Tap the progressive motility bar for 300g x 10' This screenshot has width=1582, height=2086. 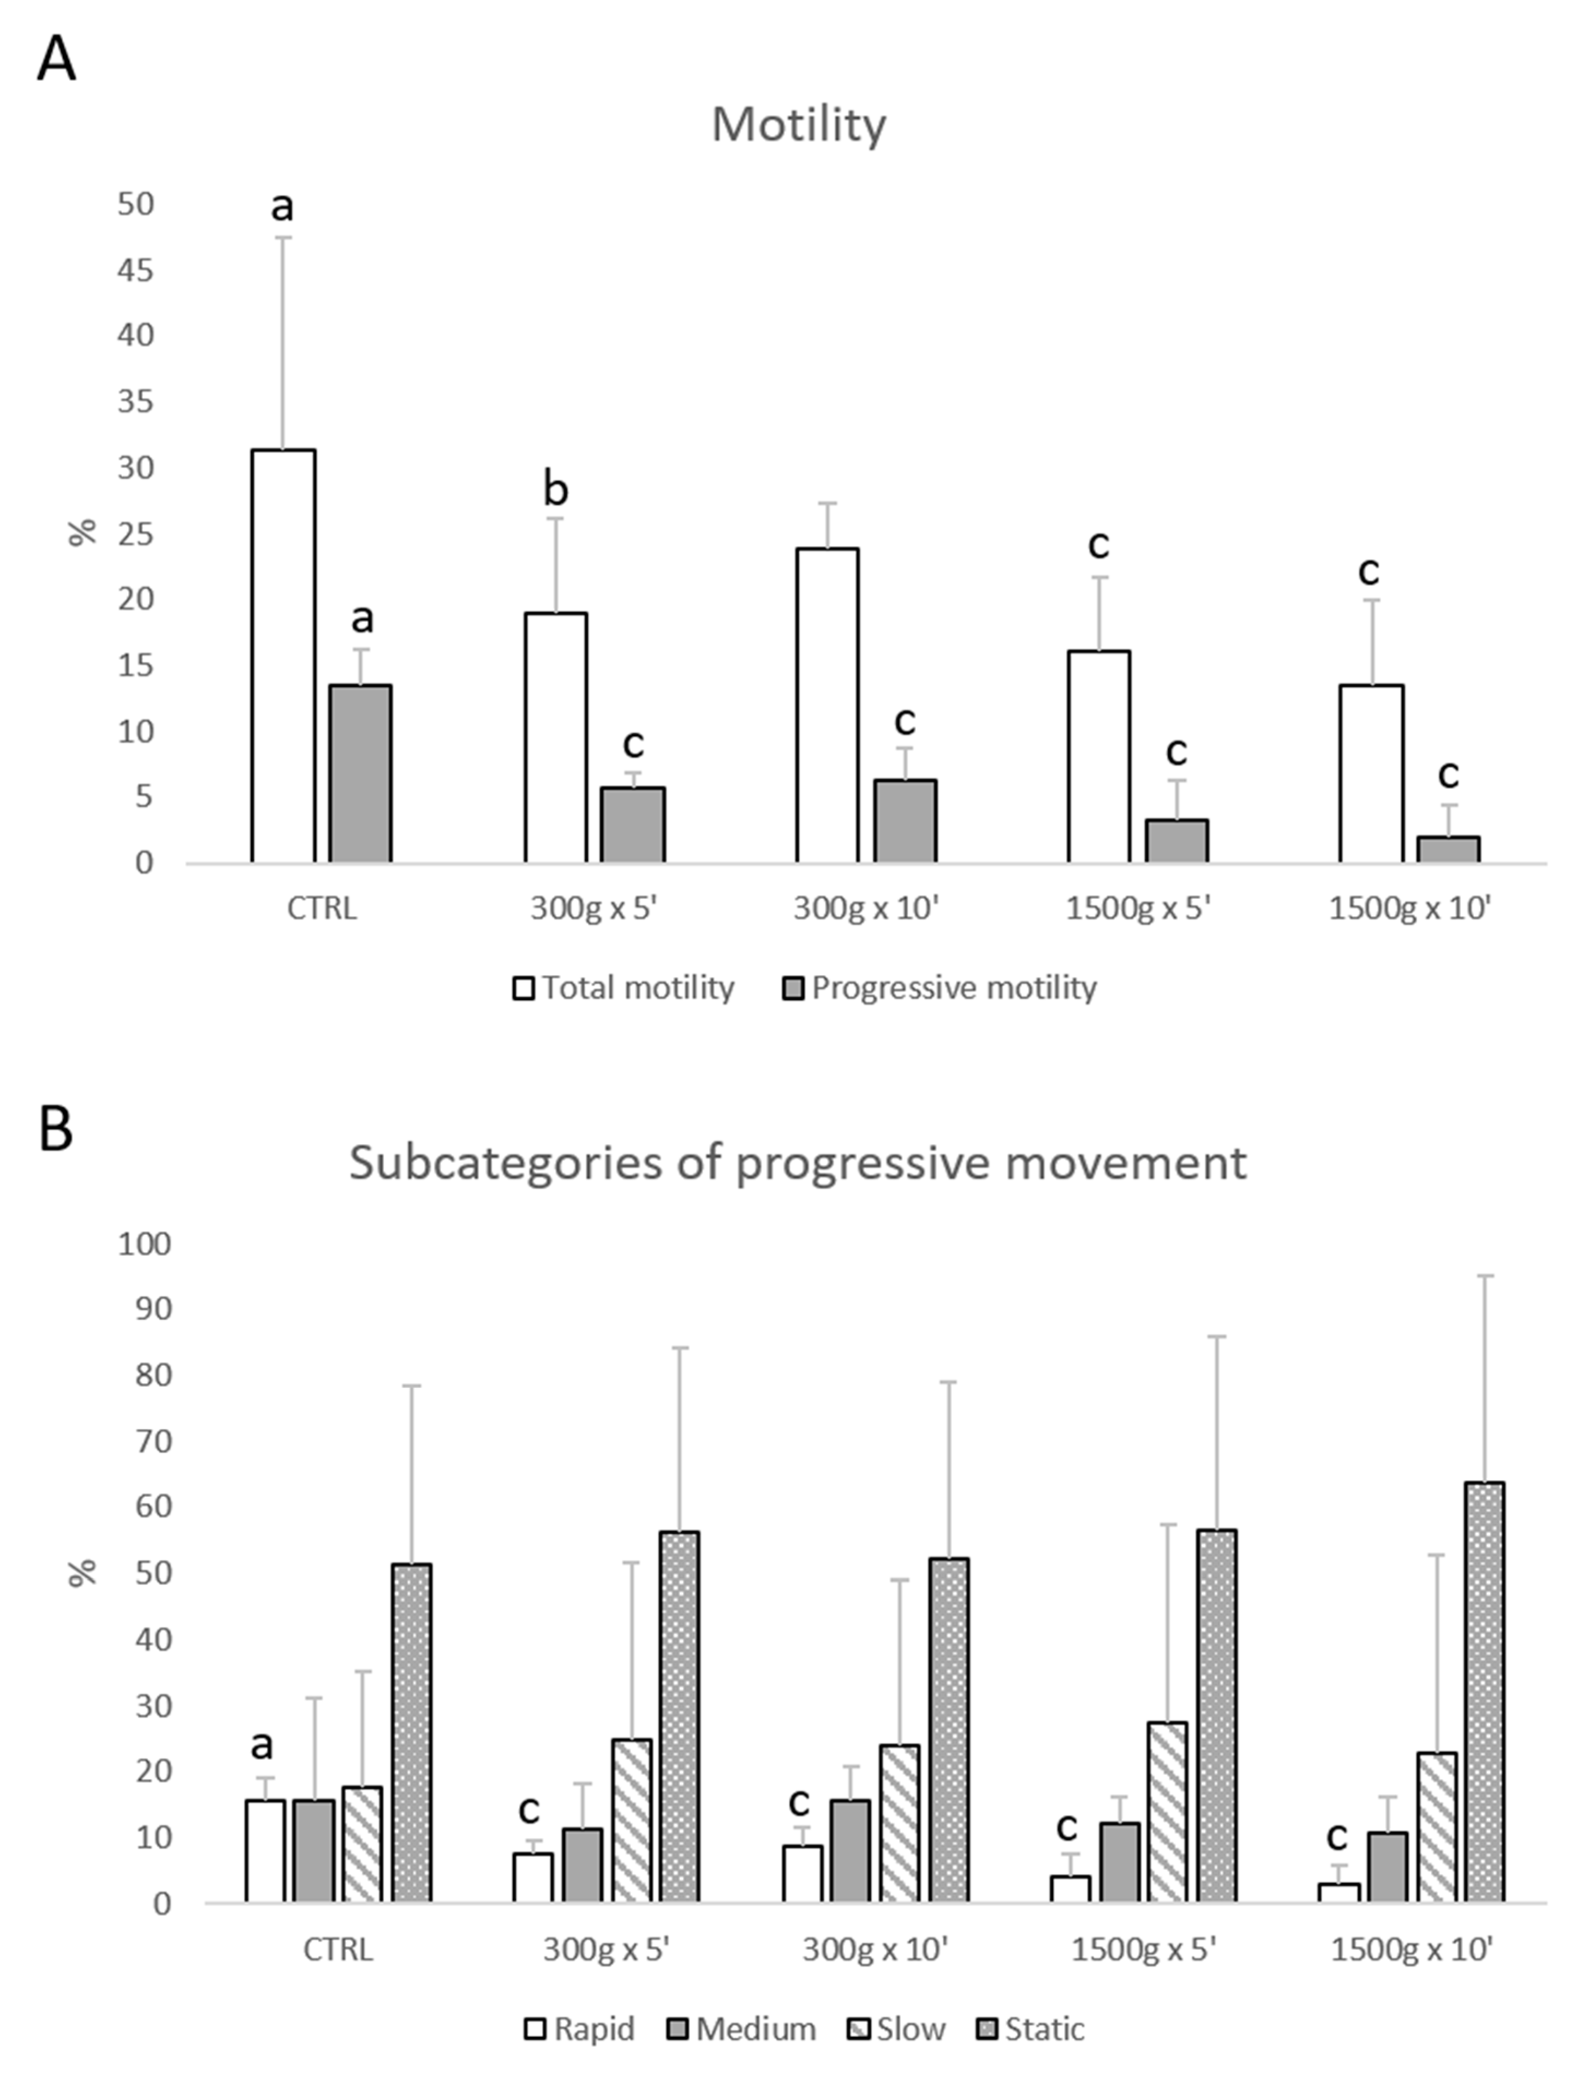(905, 821)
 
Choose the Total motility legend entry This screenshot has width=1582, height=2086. (623, 988)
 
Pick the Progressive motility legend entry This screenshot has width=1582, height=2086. (941, 988)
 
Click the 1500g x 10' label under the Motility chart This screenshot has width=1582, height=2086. (1409, 909)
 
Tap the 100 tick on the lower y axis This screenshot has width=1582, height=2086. (144, 1245)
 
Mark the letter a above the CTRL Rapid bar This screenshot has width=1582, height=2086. (262, 1744)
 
